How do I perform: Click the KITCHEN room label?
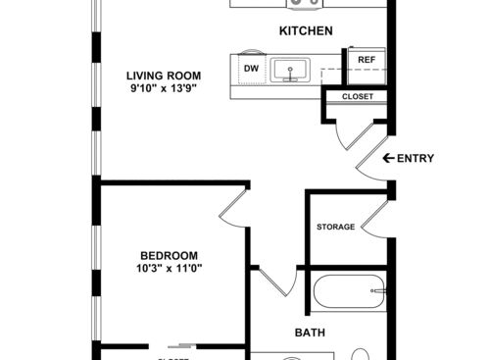(x=306, y=31)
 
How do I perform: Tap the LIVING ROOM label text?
(x=164, y=75)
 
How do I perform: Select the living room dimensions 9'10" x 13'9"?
(x=164, y=89)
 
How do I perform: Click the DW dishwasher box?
(x=251, y=69)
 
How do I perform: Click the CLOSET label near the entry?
(x=356, y=96)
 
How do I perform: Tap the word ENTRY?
(x=416, y=158)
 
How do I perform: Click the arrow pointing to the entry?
(x=388, y=158)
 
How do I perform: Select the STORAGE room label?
(x=335, y=228)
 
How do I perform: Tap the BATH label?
(x=311, y=333)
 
